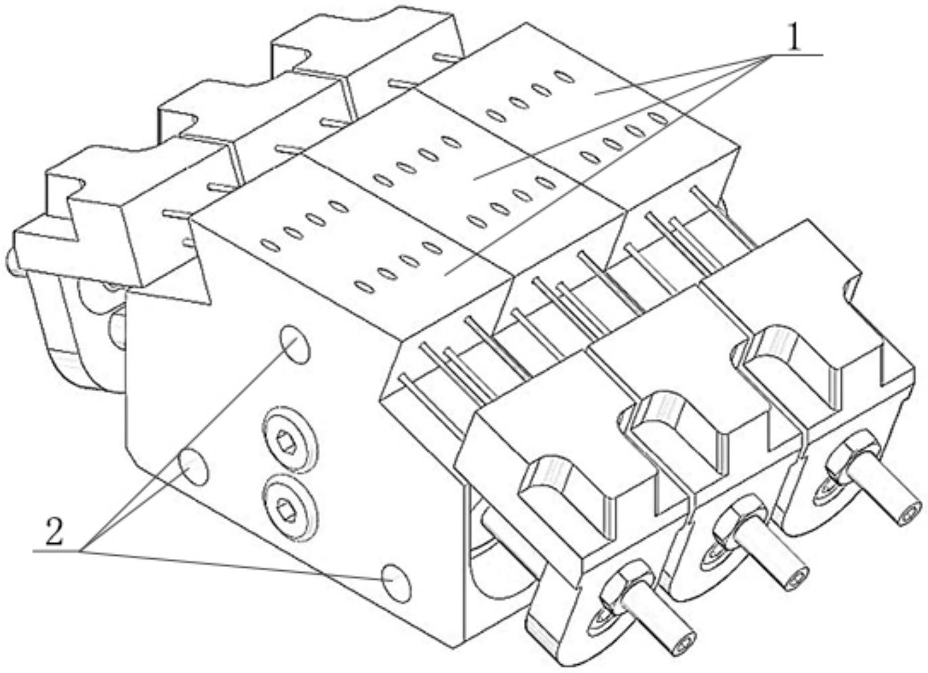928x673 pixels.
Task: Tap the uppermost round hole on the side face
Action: pos(295,344)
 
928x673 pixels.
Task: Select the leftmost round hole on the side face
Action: pos(193,467)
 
